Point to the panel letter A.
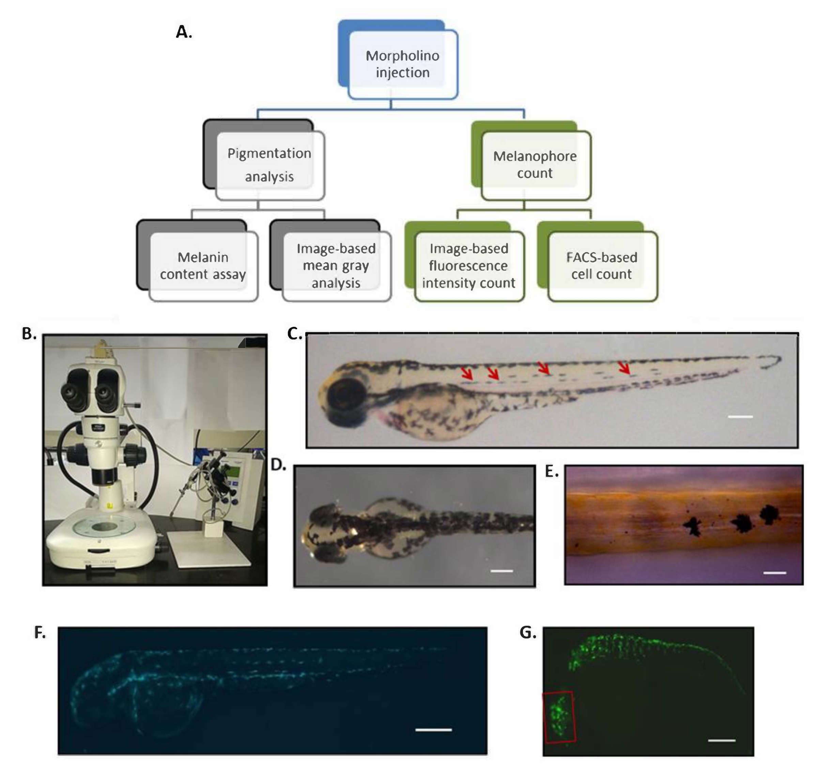click(184, 32)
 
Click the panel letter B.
click(29, 333)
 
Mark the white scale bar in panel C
click(740, 417)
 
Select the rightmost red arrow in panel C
click(625, 368)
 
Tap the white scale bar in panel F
click(433, 730)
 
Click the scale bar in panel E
click(774, 573)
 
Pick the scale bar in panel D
click(502, 571)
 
